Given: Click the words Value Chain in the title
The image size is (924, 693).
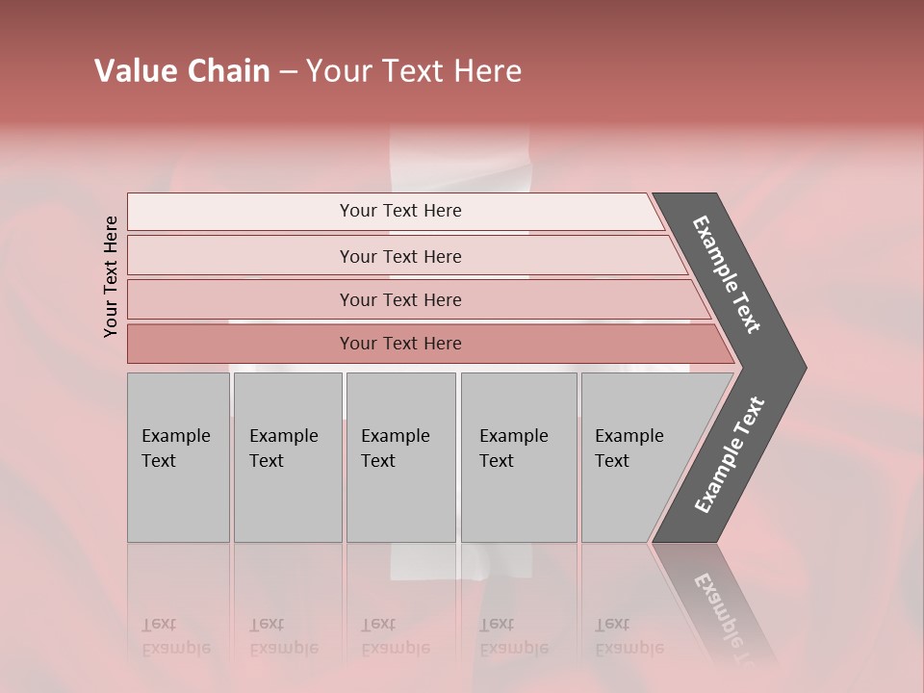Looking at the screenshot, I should (x=182, y=71).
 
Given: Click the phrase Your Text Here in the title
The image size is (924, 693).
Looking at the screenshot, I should (x=414, y=71).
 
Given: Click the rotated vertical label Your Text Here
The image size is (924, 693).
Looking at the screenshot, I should (x=112, y=276).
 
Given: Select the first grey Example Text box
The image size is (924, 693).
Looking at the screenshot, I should (x=178, y=457).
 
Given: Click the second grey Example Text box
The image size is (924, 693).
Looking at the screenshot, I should (x=288, y=457).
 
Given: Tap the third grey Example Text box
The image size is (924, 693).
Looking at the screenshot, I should (x=400, y=457).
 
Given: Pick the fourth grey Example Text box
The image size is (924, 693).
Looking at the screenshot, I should (x=519, y=457).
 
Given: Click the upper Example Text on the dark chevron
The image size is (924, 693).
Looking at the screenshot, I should (x=727, y=274).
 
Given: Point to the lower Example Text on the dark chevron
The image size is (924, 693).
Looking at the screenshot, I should (x=729, y=455).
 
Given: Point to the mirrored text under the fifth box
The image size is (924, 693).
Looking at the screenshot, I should (x=629, y=637).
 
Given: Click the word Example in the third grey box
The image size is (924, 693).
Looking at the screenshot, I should (x=395, y=436).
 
